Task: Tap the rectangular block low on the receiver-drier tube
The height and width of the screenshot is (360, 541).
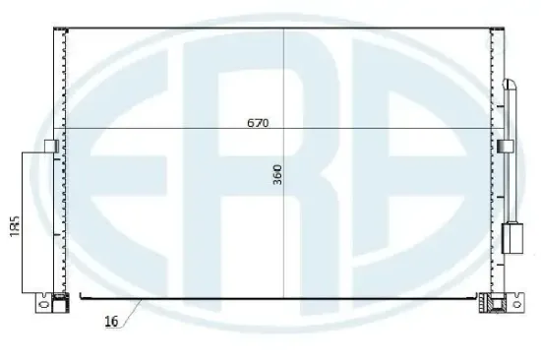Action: (x=511, y=237)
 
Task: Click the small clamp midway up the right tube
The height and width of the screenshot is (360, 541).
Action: (x=508, y=146)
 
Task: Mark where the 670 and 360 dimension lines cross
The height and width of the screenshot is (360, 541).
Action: (x=284, y=130)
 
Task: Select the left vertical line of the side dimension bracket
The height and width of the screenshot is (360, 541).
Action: (x=22, y=221)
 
